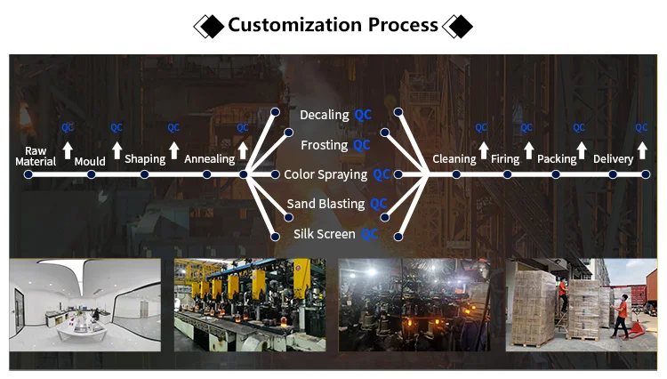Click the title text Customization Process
click(333, 24)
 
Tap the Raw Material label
click(36, 156)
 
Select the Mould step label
click(90, 161)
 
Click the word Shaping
click(145, 159)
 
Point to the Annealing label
click(209, 159)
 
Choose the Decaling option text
click(325, 115)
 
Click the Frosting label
click(324, 144)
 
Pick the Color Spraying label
click(325, 174)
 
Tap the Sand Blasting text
click(325, 204)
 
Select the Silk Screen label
click(325, 234)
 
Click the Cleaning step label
click(454, 159)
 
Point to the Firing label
click(505, 159)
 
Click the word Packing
click(557, 159)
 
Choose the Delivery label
click(613, 159)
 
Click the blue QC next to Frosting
click(362, 144)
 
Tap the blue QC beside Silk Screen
click(369, 234)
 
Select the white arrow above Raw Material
click(68, 149)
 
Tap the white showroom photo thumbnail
click(84, 304)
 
